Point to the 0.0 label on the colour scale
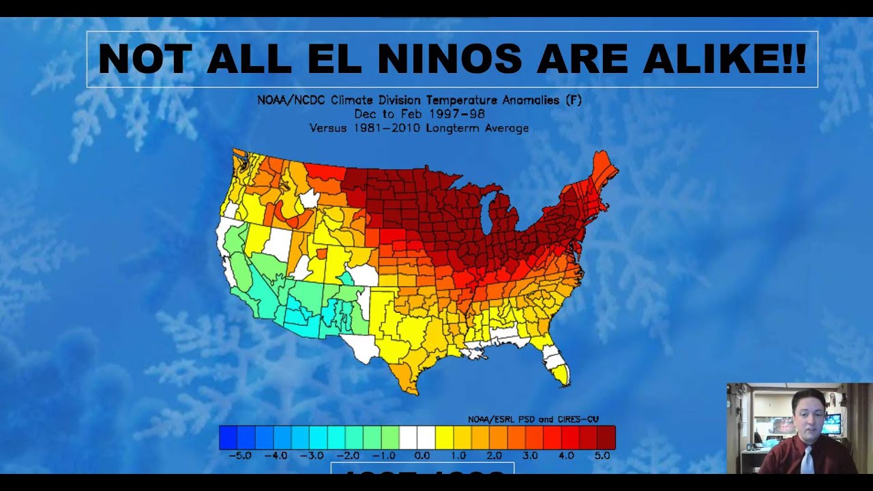pyautogui.click(x=422, y=455)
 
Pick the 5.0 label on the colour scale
pyautogui.click(x=602, y=455)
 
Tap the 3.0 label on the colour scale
pyautogui.click(x=530, y=455)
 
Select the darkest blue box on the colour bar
pyautogui.click(x=228, y=437)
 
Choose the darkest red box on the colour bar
pyautogui.click(x=606, y=437)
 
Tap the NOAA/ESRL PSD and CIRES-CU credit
pyautogui.click(x=533, y=419)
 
